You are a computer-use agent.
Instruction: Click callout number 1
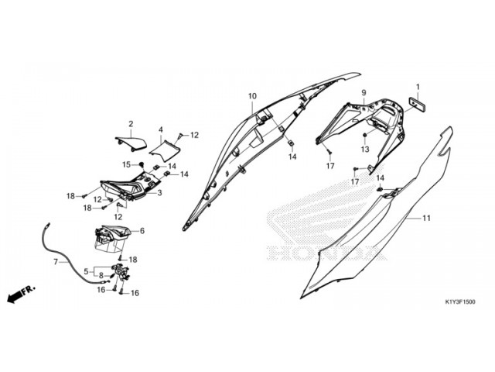click(x=418, y=87)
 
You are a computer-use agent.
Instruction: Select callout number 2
click(x=131, y=124)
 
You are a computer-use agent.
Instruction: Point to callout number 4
click(x=161, y=129)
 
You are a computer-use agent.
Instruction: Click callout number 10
click(x=252, y=96)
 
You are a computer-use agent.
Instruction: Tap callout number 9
click(x=363, y=93)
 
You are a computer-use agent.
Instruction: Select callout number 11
click(x=426, y=219)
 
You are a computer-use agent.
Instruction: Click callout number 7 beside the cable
click(x=55, y=262)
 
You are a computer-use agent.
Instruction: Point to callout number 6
click(x=142, y=231)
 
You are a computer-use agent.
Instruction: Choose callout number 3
click(x=159, y=193)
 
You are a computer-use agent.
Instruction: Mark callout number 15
click(x=125, y=164)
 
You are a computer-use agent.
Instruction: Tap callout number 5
click(x=86, y=270)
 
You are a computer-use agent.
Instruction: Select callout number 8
click(x=101, y=275)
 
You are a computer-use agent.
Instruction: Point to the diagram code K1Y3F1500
click(x=459, y=301)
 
